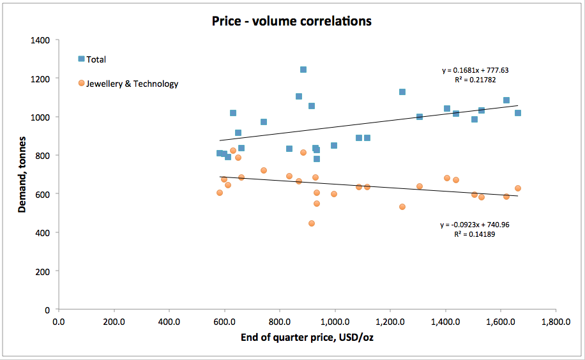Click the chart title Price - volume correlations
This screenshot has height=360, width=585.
(x=292, y=21)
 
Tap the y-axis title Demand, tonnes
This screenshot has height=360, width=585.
(x=21, y=174)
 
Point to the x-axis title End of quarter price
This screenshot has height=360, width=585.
(x=307, y=337)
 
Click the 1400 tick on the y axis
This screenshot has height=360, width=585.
(x=41, y=40)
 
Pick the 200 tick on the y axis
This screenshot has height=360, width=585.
(x=43, y=271)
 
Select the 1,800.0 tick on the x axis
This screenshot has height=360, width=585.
(x=555, y=322)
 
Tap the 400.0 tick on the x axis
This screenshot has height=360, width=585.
(x=169, y=322)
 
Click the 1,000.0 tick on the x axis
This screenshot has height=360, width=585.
(x=335, y=322)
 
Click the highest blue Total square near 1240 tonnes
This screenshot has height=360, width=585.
(x=303, y=70)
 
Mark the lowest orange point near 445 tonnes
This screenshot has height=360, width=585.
(x=312, y=223)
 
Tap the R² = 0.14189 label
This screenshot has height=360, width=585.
(x=475, y=234)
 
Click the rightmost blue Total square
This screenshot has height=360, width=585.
(x=518, y=113)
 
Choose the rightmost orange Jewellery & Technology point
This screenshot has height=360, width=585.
(x=518, y=188)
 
